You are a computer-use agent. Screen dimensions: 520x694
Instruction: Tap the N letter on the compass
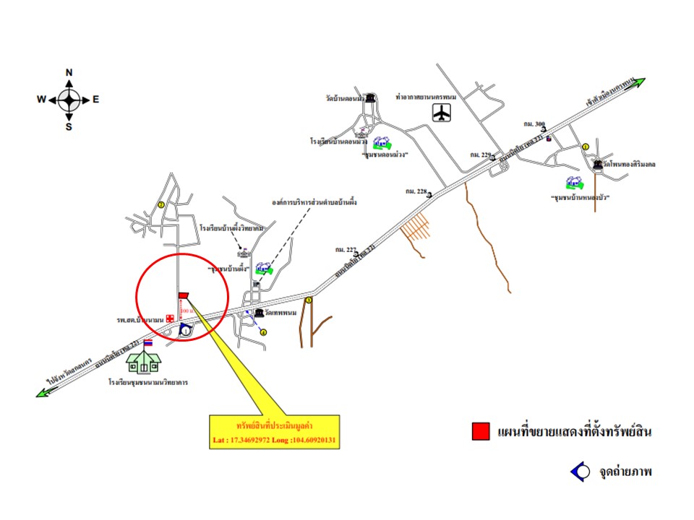(69, 72)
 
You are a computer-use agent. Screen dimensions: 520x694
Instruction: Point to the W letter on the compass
(41, 100)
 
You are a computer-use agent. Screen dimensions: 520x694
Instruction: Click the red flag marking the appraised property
(183, 294)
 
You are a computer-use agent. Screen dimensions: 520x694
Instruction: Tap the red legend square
(479, 431)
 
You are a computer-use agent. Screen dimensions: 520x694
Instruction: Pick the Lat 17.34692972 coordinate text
(250, 439)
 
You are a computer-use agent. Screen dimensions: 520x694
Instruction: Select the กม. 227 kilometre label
(346, 249)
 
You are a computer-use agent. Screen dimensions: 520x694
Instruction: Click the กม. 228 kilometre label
(416, 191)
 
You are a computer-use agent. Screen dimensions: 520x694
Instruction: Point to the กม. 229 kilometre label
(479, 155)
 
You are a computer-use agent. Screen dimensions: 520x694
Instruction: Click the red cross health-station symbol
(170, 318)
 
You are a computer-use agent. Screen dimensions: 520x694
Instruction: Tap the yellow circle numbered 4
(264, 333)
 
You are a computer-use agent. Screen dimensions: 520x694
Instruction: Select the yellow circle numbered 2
(162, 205)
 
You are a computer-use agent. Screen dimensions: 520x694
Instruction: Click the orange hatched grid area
(420, 228)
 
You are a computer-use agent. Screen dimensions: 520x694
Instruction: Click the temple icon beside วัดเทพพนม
(259, 313)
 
